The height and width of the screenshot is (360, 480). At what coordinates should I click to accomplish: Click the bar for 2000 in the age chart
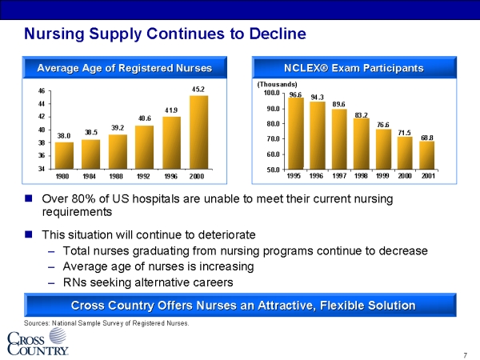click(x=198, y=132)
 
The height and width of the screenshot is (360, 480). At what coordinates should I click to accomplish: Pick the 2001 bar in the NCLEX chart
click(x=426, y=155)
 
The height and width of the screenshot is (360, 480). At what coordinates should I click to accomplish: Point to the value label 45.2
click(x=199, y=88)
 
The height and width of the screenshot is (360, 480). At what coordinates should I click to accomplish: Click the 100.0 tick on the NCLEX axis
click(x=272, y=94)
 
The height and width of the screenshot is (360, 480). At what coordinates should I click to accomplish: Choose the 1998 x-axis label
click(x=361, y=176)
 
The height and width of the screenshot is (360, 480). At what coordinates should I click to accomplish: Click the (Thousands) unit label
click(x=277, y=84)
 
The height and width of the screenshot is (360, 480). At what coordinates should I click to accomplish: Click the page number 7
click(x=465, y=354)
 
